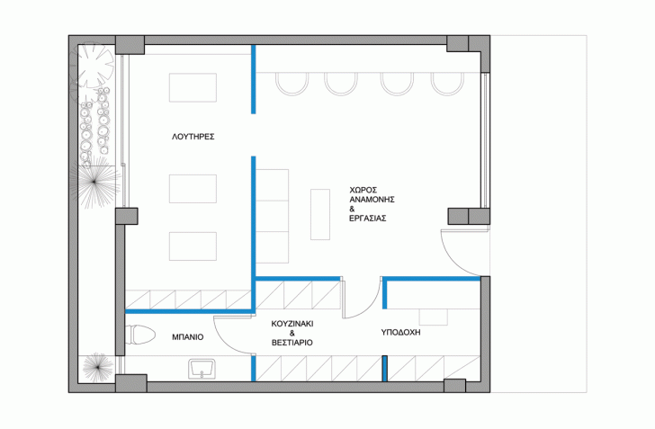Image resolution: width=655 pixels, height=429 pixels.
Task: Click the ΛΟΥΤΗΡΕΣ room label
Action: tap(193, 137)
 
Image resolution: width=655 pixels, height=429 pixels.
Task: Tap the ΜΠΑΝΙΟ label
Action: tap(188, 336)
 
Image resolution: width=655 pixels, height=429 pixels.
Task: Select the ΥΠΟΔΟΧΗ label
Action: tap(400, 333)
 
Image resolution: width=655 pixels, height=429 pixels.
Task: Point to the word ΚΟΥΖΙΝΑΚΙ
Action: tap(292, 324)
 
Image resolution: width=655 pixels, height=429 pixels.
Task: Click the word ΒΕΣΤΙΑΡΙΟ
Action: tap(292, 343)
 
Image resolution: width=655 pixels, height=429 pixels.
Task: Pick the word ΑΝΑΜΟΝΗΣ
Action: tap(372, 200)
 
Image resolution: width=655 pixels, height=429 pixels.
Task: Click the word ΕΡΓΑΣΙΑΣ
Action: tap(368, 218)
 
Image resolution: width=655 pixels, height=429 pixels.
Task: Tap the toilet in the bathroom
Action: tap(140, 335)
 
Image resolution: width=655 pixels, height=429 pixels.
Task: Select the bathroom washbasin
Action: tap(202, 369)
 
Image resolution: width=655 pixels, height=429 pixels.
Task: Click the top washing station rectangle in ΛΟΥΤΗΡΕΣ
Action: tap(193, 88)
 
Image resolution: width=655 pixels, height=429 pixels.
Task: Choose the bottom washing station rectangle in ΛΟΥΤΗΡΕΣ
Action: tap(193, 246)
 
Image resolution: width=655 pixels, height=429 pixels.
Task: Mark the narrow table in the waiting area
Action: tap(320, 214)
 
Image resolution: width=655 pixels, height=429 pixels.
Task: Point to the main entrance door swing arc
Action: tap(451, 261)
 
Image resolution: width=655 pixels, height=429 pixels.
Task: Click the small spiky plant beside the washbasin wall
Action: tap(97, 368)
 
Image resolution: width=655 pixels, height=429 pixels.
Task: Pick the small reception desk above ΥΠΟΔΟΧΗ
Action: tap(434, 317)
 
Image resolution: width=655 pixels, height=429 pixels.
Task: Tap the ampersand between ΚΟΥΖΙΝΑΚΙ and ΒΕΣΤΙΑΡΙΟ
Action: tap(292, 334)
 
